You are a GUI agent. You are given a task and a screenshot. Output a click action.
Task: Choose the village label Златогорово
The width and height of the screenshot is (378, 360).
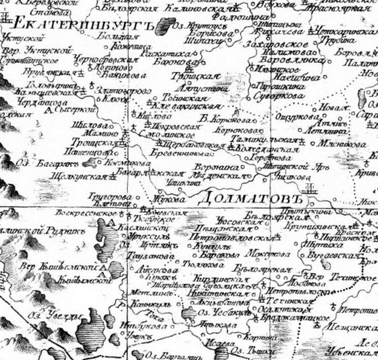tap(116, 90)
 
